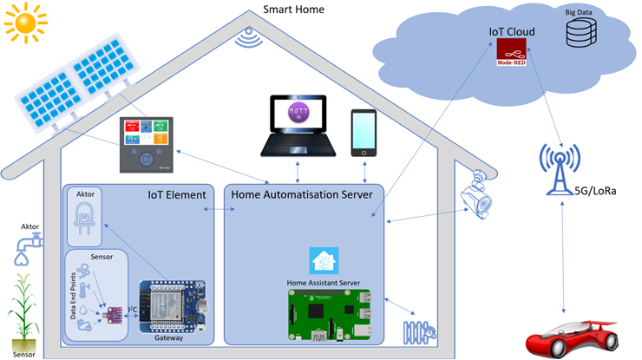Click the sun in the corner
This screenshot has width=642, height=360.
click(x=23, y=21)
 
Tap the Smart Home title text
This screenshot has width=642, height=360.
click(x=293, y=10)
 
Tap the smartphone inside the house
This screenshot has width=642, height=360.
click(x=364, y=133)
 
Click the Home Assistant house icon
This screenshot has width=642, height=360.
click(x=324, y=260)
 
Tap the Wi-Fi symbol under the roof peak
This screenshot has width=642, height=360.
click(x=249, y=37)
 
